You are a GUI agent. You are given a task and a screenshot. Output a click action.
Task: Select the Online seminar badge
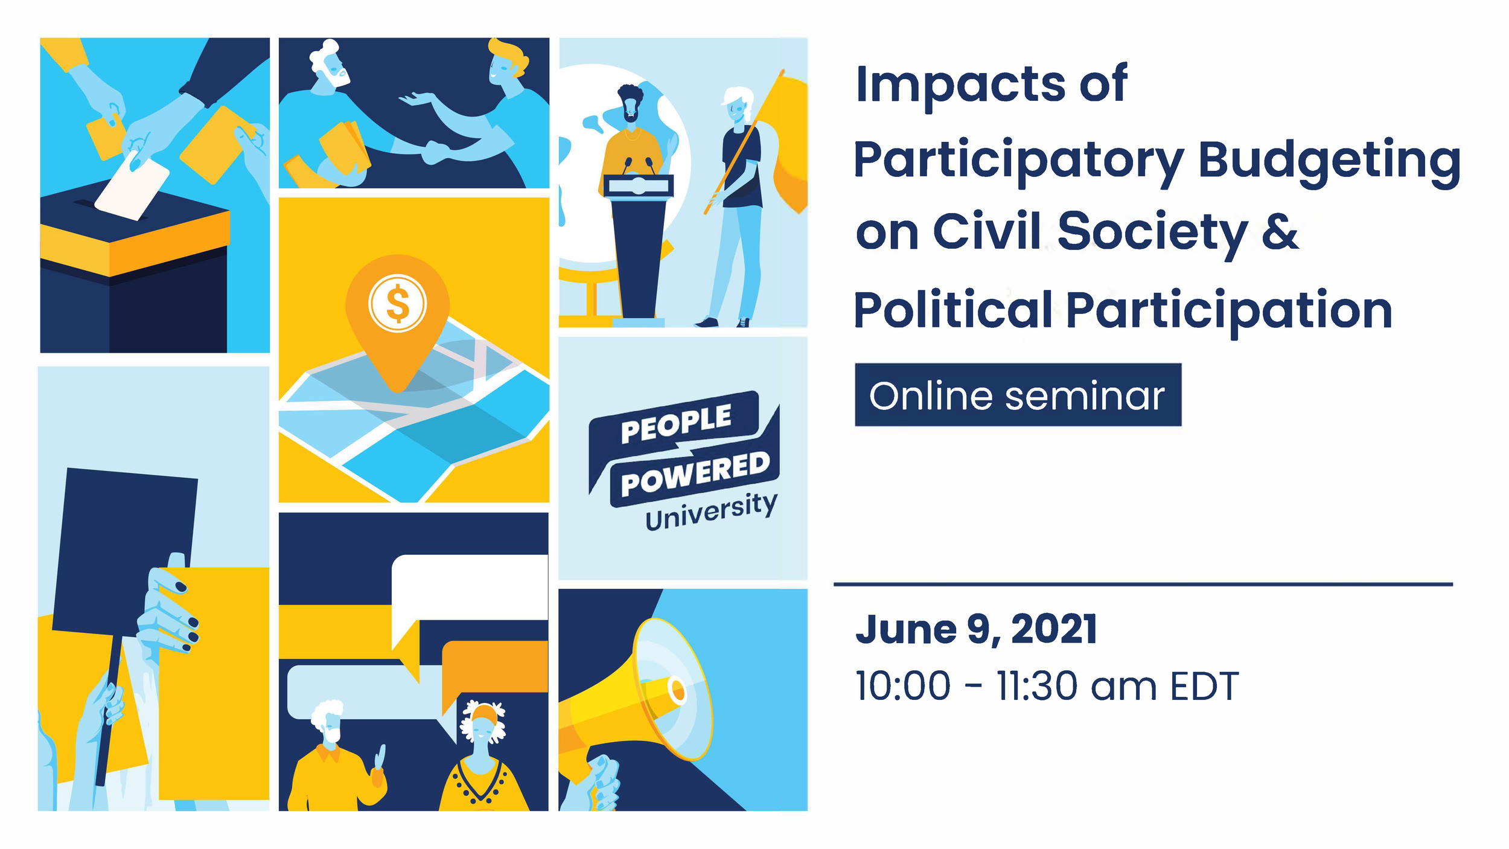(1018, 396)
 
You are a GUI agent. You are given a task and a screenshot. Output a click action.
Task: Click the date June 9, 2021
(975, 629)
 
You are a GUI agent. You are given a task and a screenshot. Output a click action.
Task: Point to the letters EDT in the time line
(1205, 687)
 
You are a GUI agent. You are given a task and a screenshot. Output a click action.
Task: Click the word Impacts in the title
(960, 84)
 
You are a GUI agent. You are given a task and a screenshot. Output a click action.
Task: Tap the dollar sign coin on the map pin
(397, 303)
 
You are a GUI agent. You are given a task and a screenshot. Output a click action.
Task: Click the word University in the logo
(711, 511)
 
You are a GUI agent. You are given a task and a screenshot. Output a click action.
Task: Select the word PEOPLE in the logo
(676, 422)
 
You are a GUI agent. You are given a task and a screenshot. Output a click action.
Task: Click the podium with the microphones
(639, 242)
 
